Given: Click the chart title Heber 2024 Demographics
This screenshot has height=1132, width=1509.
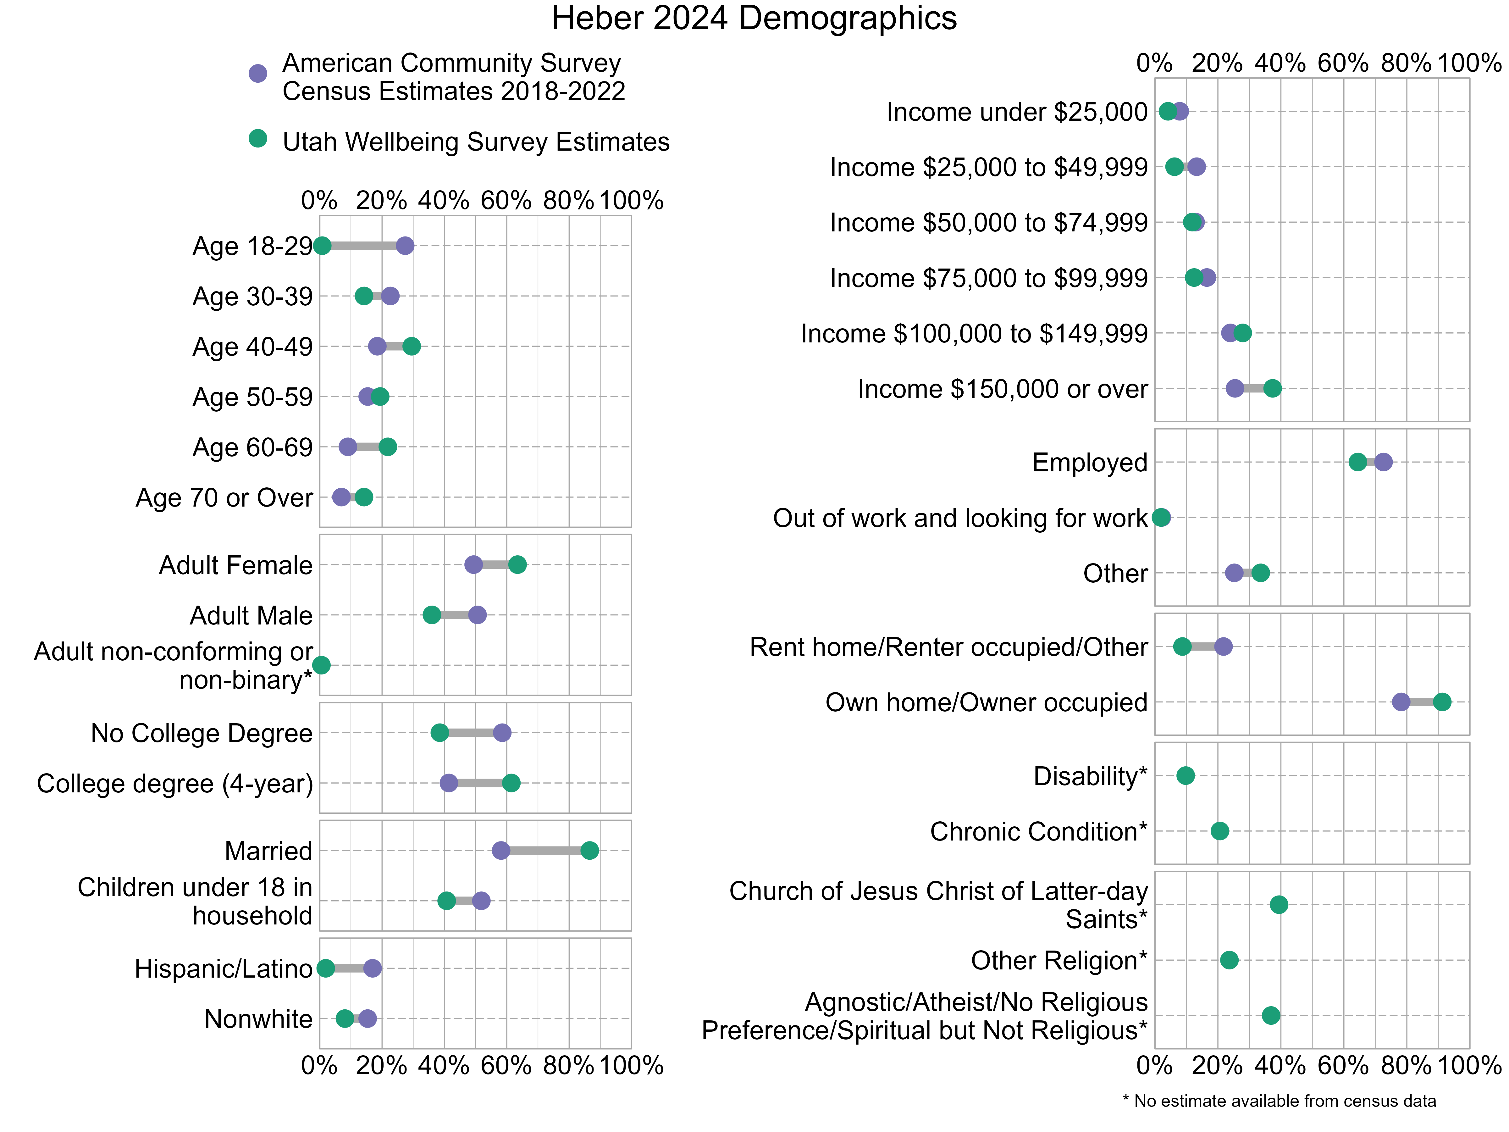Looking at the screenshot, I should pyautogui.click(x=754, y=19).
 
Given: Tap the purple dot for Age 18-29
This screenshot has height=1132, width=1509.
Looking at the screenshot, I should pyautogui.click(x=405, y=246).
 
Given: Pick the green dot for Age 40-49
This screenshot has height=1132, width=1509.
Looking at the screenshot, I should pyautogui.click(x=411, y=347).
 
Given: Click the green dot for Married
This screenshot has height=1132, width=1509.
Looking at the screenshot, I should pyautogui.click(x=589, y=850).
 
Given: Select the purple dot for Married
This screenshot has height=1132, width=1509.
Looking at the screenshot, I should pyautogui.click(x=501, y=850).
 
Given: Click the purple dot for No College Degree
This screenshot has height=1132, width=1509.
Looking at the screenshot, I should pyautogui.click(x=502, y=733).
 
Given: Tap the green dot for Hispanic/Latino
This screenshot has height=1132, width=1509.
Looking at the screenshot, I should pyautogui.click(x=326, y=968).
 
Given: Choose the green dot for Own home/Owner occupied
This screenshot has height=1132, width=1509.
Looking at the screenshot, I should pyautogui.click(x=1441, y=702).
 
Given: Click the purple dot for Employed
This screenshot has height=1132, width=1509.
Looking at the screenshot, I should pyautogui.click(x=1383, y=462).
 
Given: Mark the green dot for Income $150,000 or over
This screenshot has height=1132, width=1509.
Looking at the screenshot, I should pyautogui.click(x=1272, y=389).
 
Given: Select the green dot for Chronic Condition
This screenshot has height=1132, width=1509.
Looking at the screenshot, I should pyautogui.click(x=1220, y=831).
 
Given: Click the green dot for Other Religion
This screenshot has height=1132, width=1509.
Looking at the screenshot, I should pyautogui.click(x=1229, y=960).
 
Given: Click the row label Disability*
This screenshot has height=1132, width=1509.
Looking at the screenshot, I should pyautogui.click(x=1090, y=776).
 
